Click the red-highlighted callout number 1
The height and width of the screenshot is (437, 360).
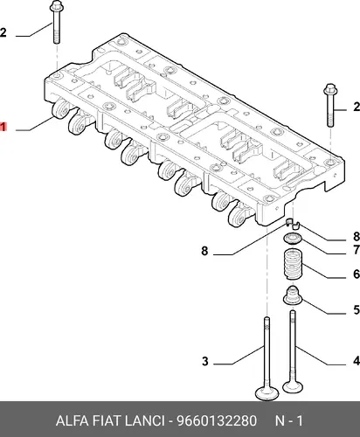(x=3, y=127)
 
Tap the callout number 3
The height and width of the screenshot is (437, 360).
(x=205, y=361)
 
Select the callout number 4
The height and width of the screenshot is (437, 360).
(x=357, y=361)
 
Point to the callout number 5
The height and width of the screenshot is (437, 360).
(x=357, y=310)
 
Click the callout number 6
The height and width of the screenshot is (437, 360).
(x=357, y=274)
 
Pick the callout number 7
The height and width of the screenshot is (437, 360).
(x=357, y=250)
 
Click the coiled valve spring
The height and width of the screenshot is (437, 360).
(x=293, y=265)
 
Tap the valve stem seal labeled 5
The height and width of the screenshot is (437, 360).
(x=293, y=296)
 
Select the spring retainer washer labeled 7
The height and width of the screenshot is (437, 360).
(x=293, y=239)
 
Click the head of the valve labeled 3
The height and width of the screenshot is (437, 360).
(x=267, y=393)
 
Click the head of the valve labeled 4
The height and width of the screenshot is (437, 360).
(x=294, y=386)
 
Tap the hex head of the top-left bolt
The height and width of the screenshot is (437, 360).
(x=57, y=5)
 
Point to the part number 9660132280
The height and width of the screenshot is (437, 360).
(x=217, y=420)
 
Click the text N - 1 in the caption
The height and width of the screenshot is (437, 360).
(x=289, y=420)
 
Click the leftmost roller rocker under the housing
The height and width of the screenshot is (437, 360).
(x=60, y=108)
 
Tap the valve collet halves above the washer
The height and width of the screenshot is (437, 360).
(x=292, y=223)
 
